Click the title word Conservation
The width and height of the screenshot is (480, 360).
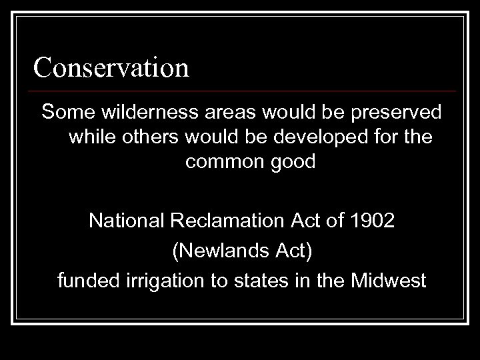click(111, 67)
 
